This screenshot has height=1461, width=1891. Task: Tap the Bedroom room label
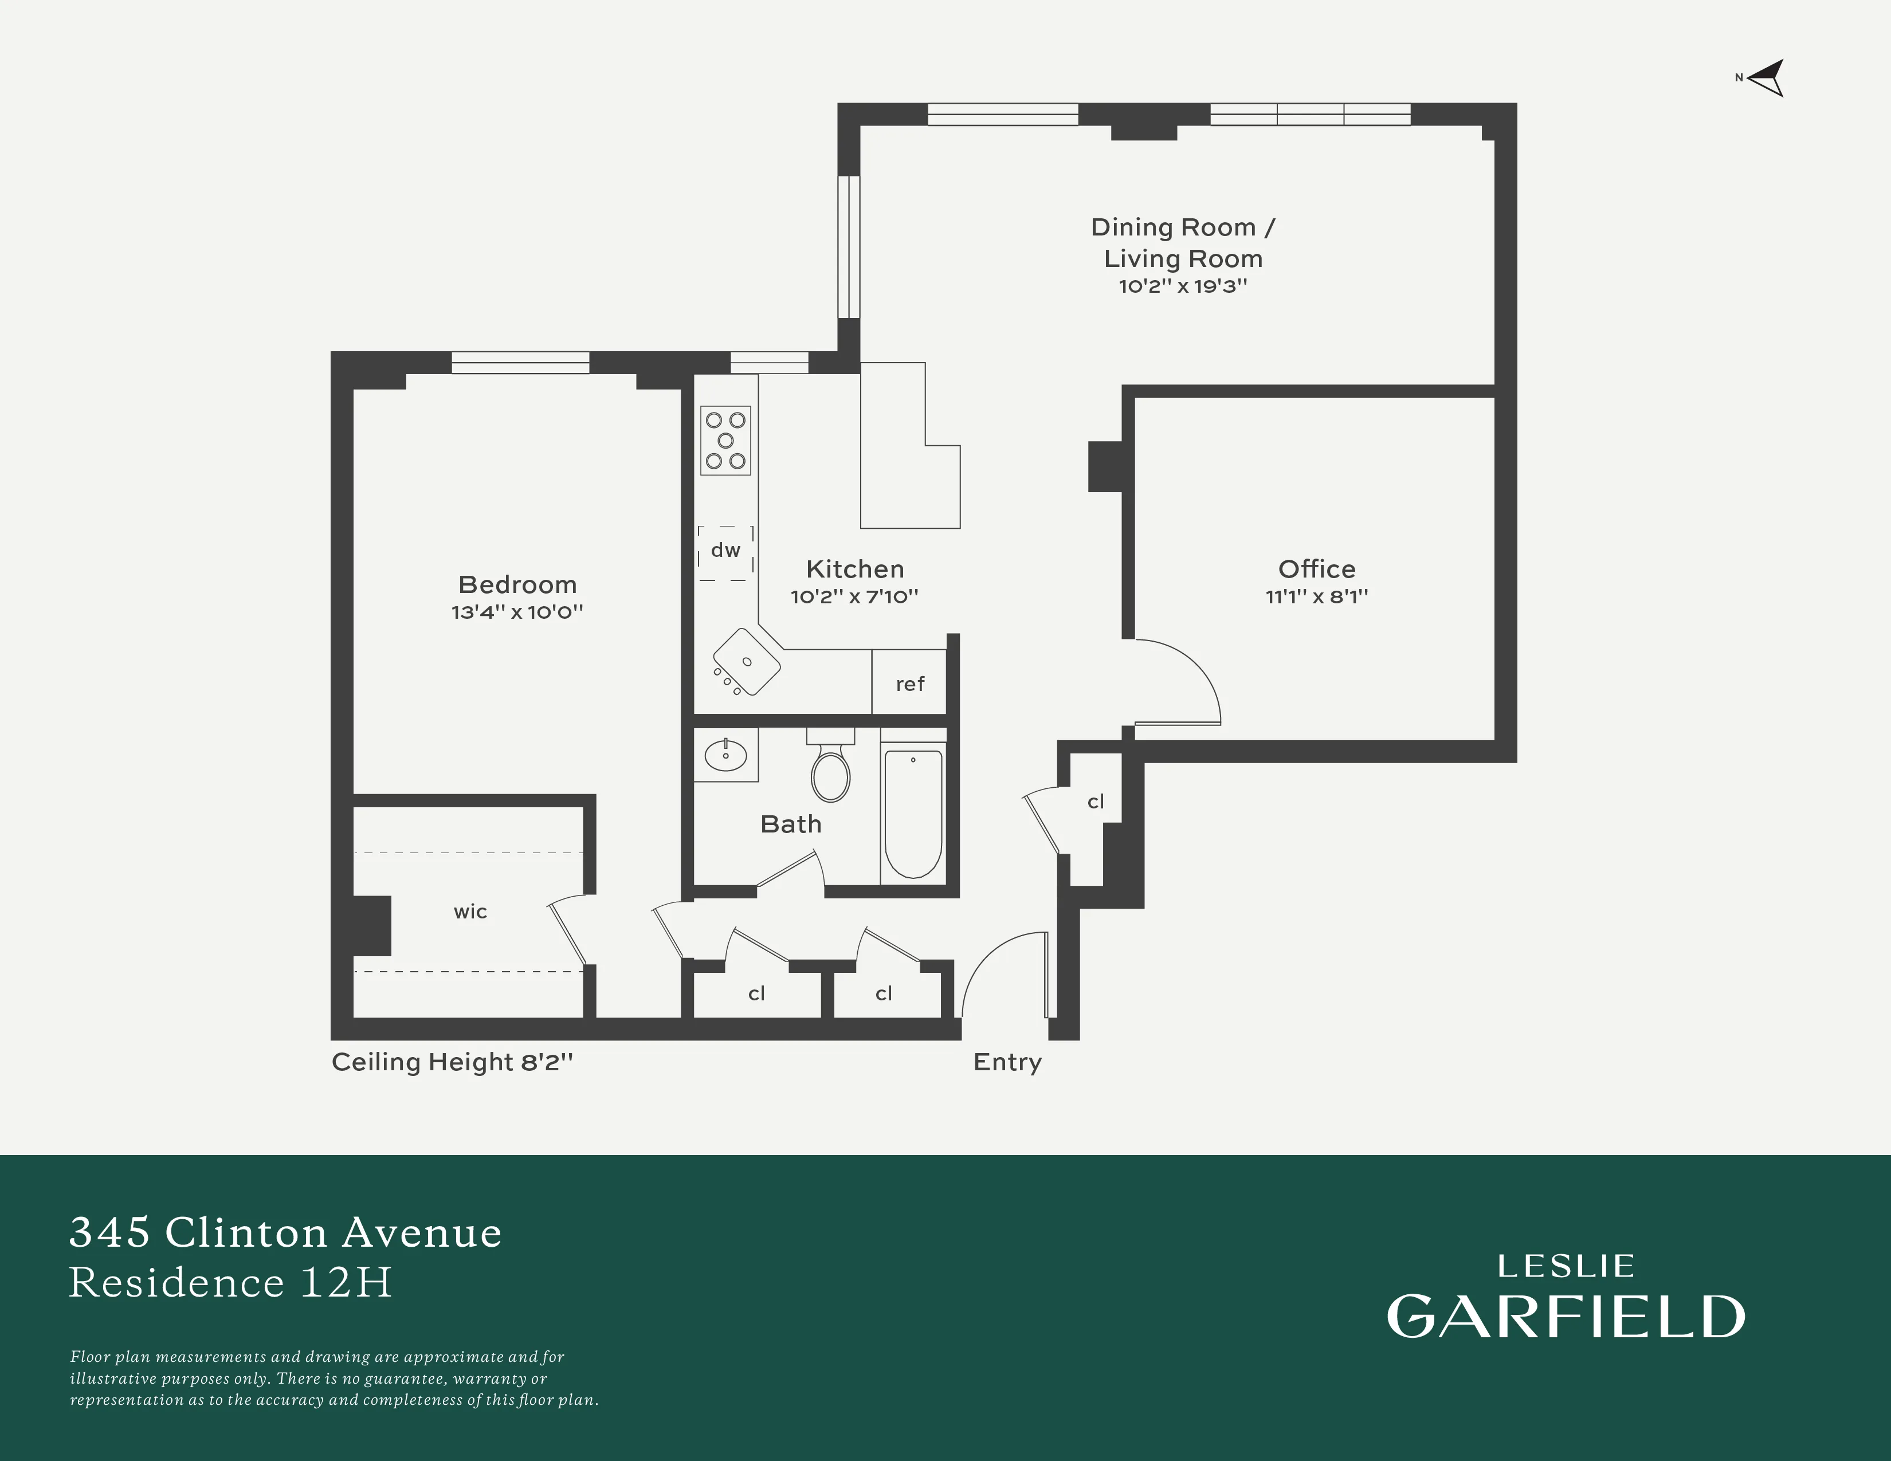517,584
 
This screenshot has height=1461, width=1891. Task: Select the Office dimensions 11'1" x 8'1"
1316,596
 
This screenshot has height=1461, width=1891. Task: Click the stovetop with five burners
725,441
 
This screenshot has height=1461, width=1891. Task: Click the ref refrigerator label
909,684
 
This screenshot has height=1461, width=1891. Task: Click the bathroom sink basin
725,755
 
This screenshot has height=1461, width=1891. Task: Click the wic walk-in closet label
470,912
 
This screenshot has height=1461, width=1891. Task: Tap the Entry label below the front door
1007,1062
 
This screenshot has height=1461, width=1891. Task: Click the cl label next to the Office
1095,802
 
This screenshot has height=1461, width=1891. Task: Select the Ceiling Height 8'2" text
452,1062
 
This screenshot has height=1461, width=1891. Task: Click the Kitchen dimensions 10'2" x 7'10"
854,596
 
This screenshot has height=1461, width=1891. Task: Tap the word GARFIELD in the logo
1566,1317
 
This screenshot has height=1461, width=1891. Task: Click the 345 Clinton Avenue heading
286,1232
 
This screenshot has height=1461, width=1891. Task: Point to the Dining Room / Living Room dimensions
1183,286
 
